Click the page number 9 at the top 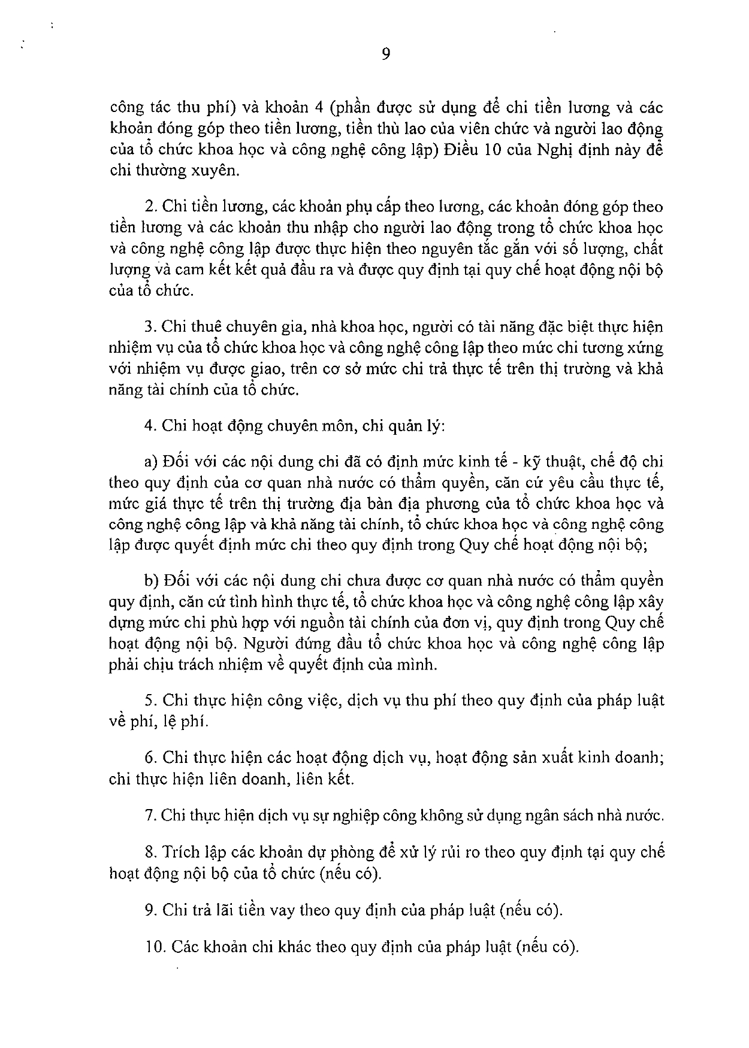(386, 54)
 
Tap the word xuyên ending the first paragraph (215, 171)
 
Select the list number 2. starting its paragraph (150, 207)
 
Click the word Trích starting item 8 (181, 852)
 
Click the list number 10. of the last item (154, 947)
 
